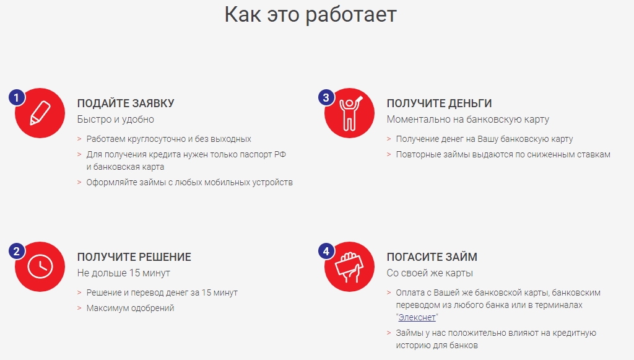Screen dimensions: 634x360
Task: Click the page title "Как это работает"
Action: point(311,15)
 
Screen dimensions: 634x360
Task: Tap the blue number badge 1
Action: point(17,97)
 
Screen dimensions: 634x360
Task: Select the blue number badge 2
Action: point(17,251)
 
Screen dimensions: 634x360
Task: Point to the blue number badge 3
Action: point(326,97)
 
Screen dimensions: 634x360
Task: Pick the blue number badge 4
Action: point(326,251)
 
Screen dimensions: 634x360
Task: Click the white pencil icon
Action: point(40,113)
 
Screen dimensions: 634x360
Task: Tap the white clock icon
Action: point(40,266)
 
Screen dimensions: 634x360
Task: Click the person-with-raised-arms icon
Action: point(350,113)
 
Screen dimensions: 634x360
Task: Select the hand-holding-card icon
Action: point(349,267)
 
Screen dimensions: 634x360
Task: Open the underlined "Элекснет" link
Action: point(417,317)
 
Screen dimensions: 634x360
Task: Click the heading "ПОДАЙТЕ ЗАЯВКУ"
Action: point(126,103)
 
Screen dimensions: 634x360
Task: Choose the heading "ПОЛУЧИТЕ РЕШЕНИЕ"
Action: point(134,257)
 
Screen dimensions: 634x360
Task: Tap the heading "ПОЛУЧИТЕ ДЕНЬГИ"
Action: point(439,103)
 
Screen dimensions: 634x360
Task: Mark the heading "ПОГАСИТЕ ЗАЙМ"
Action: point(432,257)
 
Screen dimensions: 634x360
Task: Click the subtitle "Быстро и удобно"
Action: point(116,120)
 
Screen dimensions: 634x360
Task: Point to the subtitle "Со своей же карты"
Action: point(430,273)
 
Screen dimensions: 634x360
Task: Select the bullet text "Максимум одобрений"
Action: point(130,308)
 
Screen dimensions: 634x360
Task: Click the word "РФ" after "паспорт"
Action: point(280,154)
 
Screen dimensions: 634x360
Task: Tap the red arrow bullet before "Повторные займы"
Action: point(389,154)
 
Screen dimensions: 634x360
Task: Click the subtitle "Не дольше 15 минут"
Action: point(124,273)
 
